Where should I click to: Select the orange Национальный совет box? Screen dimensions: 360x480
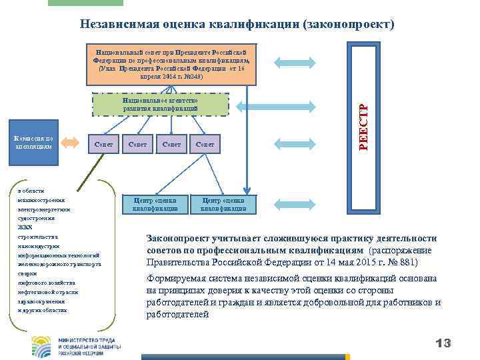pos(171,65)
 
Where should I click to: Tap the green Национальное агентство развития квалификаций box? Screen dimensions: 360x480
pos(160,105)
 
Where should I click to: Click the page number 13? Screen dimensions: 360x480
pos(443,343)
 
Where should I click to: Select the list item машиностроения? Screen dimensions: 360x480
pos(38,199)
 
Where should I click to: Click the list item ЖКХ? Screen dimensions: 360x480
pos(24,227)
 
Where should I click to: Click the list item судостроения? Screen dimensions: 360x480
pos(36,218)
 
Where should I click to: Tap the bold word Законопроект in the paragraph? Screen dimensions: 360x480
pos(180,239)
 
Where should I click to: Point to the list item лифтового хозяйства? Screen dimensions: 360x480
pos(44,283)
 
